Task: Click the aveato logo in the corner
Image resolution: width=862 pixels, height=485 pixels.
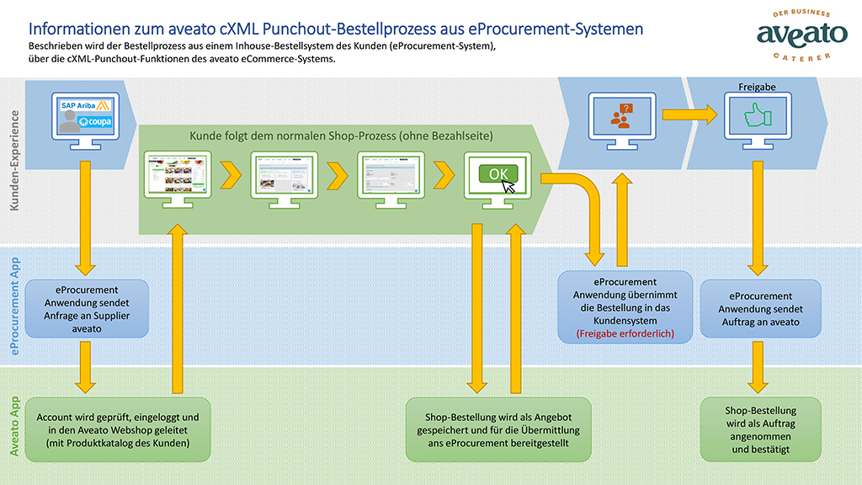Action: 790,35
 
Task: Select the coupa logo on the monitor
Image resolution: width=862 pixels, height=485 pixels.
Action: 94,122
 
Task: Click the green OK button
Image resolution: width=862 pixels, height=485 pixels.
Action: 498,173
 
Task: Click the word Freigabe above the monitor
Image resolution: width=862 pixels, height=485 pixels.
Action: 756,87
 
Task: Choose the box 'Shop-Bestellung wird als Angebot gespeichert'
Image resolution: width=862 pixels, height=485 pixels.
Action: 498,429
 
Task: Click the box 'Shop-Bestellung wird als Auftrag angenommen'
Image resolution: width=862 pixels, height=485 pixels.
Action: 760,429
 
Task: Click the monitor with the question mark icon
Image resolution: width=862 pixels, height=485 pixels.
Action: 625,119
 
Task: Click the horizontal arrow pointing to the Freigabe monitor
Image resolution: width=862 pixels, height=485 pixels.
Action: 685,113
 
